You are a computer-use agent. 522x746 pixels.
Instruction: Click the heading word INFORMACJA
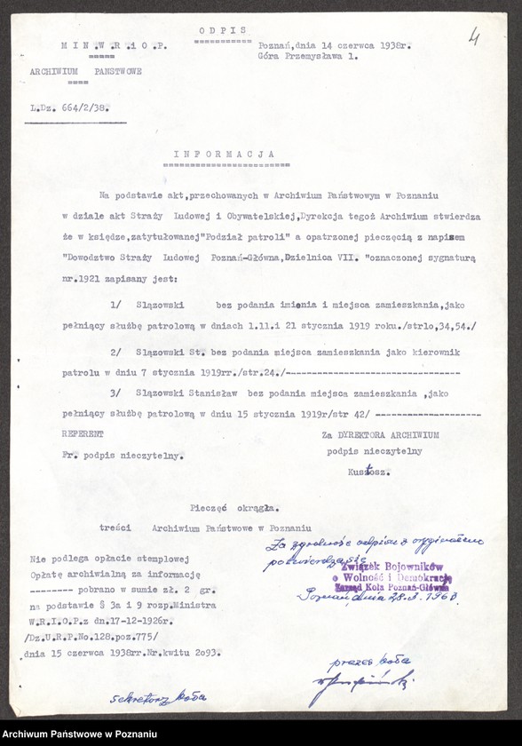pos(224,153)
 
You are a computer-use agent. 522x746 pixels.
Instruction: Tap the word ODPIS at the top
pos(224,30)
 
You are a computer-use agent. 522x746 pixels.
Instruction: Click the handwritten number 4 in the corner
pos(474,38)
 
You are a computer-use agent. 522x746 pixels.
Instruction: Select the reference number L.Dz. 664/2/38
pos(75,112)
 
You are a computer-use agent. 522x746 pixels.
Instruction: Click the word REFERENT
pos(83,434)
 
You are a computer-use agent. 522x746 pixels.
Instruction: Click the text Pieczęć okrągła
pos(234,508)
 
